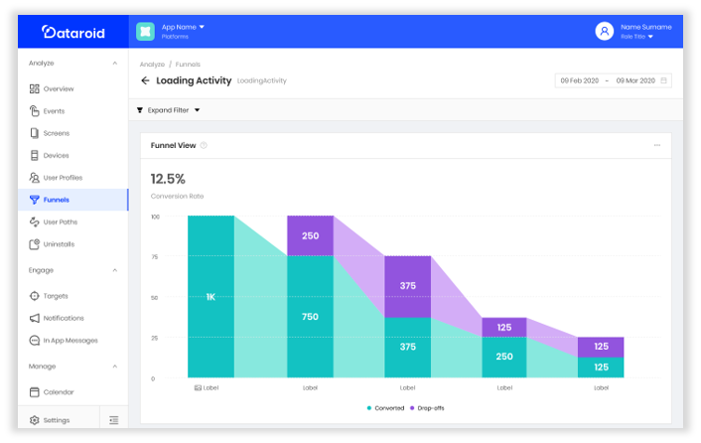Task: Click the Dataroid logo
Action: tap(72, 32)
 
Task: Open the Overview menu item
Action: tap(58, 89)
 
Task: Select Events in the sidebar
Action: tap(54, 111)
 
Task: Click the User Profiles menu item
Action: tap(63, 178)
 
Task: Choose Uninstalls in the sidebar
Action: tap(59, 244)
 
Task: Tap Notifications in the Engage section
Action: tap(64, 318)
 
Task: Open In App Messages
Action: tap(70, 341)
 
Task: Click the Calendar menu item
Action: tap(58, 392)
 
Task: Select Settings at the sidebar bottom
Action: tap(56, 420)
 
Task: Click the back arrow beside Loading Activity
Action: tap(145, 80)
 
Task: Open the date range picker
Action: tap(613, 80)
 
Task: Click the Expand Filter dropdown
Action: tap(168, 110)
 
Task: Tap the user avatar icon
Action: tap(604, 31)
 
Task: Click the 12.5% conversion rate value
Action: tap(168, 179)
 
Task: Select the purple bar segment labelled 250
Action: tap(311, 235)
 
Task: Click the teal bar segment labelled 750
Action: tap(311, 317)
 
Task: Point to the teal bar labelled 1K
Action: tap(210, 296)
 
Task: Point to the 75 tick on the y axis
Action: tap(155, 256)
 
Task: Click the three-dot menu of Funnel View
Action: tap(656, 146)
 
